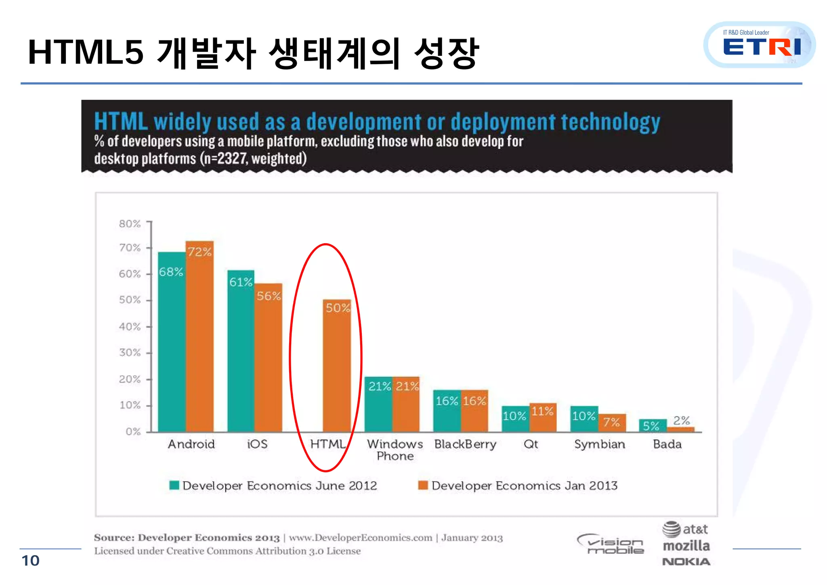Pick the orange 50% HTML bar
coord(337,366)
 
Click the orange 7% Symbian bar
coord(612,423)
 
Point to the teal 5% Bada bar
coord(652,425)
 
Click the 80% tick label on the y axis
coord(130,224)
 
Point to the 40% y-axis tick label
coord(130,326)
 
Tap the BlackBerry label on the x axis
coord(465,444)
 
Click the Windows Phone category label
coord(395,450)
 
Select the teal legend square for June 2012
coord(174,485)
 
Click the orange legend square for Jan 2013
coord(423,485)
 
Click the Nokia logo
coord(686,562)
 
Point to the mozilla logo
coord(686,546)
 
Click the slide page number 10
coord(30,561)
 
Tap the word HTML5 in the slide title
coord(86,53)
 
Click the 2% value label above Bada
coord(681,421)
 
